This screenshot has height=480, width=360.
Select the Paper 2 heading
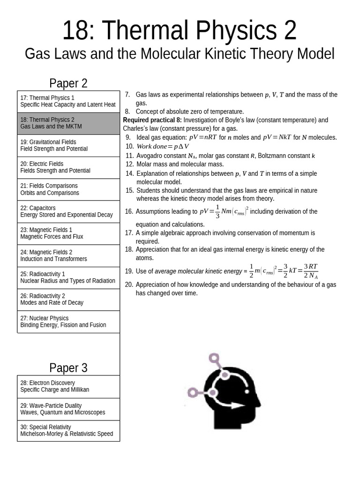pos(68,83)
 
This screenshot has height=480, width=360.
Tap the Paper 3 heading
pos(68,368)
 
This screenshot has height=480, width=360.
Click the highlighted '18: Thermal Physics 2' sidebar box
pos(68,123)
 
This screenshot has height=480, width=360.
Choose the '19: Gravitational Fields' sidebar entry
pos(68,145)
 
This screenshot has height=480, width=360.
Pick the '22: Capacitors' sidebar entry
pos(68,211)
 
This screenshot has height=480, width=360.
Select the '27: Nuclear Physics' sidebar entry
pos(68,322)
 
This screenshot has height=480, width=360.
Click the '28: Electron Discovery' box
pos(68,386)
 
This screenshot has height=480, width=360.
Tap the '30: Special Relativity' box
pos(68,430)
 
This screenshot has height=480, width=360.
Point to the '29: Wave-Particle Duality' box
pos(68,409)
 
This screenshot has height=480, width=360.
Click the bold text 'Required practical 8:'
pos(152,120)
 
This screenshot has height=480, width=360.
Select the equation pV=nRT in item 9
pos(203,137)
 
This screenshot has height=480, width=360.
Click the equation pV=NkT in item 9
pos(277,137)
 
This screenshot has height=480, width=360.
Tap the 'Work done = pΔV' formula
pos(163,146)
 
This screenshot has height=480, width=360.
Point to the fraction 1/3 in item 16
pos(217,211)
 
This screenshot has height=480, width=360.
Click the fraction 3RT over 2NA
pos(310,271)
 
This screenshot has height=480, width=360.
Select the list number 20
pos(129,285)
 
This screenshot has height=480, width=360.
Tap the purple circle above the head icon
pos(215,360)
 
